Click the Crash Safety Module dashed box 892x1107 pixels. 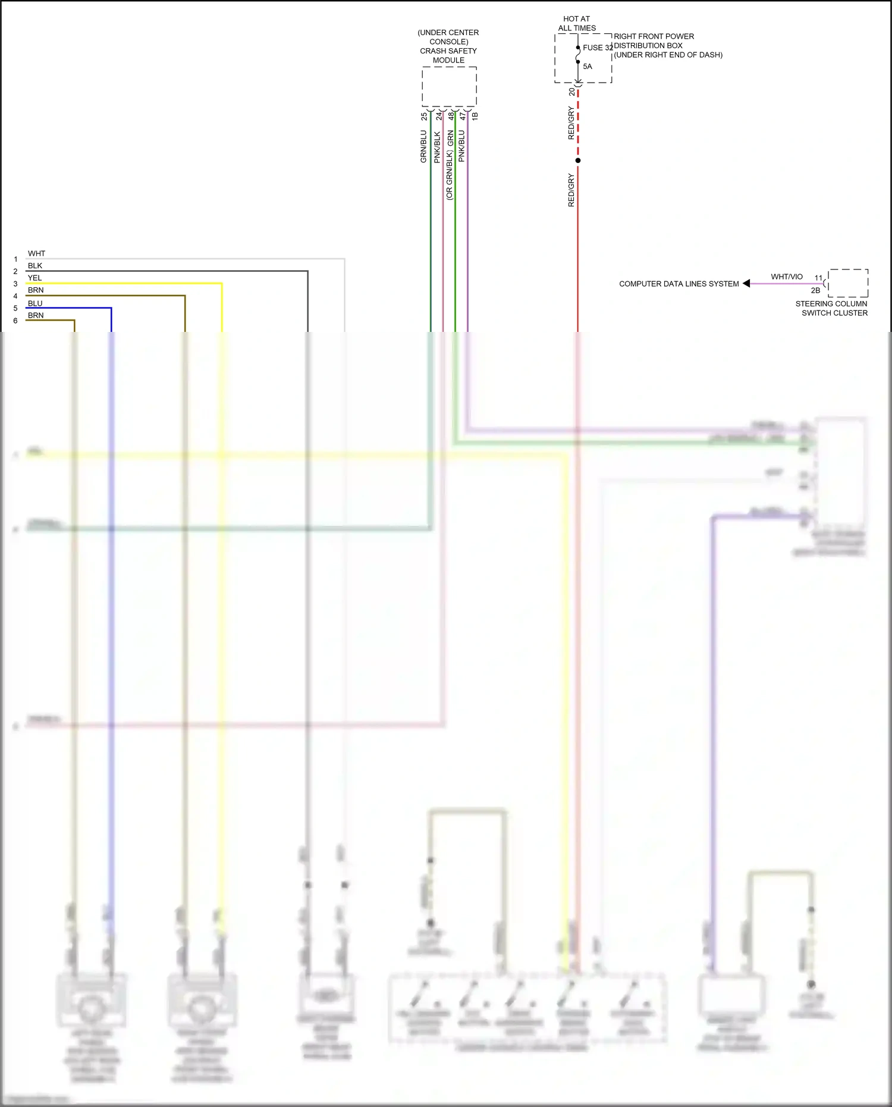pyautogui.click(x=449, y=87)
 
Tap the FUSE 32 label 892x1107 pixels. pyautogui.click(x=597, y=48)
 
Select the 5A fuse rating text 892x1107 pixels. pyautogui.click(x=588, y=67)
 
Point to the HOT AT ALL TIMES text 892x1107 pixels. pyautogui.click(x=577, y=23)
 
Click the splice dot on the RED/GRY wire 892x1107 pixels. pyautogui.click(x=578, y=161)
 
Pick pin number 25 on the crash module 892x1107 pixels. pyautogui.click(x=424, y=117)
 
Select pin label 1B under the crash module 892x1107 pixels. pyautogui.click(x=475, y=117)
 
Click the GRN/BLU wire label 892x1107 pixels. pyautogui.click(x=423, y=146)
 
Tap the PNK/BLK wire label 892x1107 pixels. pyautogui.click(x=437, y=148)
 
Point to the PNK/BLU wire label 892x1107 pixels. pyautogui.click(x=462, y=146)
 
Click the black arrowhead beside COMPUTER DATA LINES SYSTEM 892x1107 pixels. pyautogui.click(x=746, y=284)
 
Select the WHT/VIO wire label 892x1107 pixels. pyautogui.click(x=786, y=277)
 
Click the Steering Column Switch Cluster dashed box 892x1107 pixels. pyautogui.click(x=848, y=283)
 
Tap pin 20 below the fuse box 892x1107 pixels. pyautogui.click(x=572, y=92)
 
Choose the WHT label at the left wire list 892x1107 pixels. pyautogui.click(x=36, y=253)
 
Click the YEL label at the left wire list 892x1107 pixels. pyautogui.click(x=35, y=278)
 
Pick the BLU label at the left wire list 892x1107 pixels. pyautogui.click(x=35, y=303)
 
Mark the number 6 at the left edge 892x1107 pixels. pyautogui.click(x=15, y=321)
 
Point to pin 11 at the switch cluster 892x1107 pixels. pyautogui.click(x=818, y=278)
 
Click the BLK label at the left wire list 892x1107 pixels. pyautogui.click(x=35, y=266)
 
